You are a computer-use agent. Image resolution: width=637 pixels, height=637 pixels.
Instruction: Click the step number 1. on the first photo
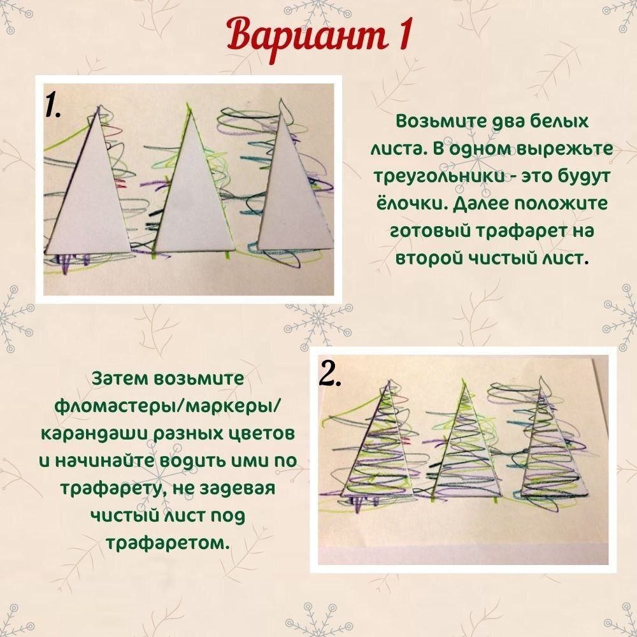tap(53, 105)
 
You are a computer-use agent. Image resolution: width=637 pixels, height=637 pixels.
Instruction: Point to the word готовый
tap(429, 232)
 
